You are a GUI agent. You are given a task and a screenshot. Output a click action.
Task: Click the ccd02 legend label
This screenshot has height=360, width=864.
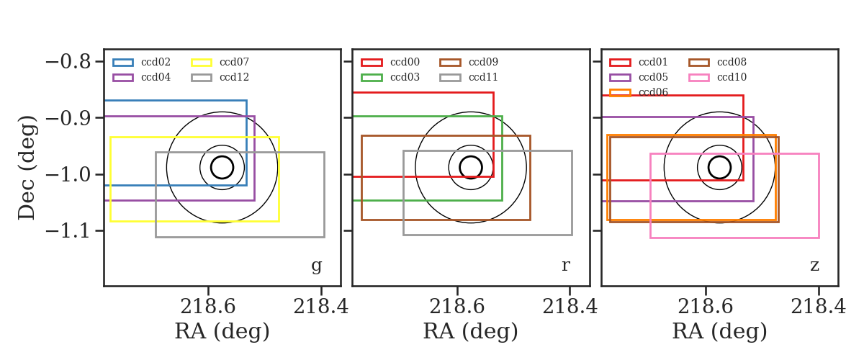coord(156,62)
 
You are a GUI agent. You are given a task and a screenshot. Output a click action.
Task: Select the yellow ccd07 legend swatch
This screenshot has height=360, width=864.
coord(202,63)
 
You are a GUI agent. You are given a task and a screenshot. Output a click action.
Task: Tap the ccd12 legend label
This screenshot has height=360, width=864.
coord(234,77)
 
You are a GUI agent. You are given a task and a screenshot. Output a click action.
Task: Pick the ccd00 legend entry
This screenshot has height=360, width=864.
coord(390,62)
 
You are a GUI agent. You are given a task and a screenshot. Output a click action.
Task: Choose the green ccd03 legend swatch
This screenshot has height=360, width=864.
coord(372,78)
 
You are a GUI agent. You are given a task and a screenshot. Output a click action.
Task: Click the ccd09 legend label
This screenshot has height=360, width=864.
coord(483,62)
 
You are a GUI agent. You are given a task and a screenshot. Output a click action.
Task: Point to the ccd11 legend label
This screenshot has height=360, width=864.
coord(483,77)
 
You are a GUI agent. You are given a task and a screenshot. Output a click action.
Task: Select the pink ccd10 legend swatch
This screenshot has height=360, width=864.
coord(698,78)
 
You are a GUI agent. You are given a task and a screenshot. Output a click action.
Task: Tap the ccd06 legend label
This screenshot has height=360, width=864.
coord(653,92)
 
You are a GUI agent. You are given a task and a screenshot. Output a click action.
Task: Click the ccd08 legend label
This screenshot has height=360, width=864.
coord(732,62)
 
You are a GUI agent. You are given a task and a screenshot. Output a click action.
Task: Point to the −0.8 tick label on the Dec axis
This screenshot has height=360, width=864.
coord(68,62)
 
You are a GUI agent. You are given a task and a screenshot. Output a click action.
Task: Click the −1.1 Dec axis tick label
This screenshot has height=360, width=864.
coord(68,230)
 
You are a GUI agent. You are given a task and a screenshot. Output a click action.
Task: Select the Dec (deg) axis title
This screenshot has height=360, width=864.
coord(27,168)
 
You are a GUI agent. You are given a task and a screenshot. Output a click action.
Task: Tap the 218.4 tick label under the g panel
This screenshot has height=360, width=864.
coord(321,307)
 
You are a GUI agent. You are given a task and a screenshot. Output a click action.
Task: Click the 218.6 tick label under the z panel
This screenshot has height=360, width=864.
coord(705,307)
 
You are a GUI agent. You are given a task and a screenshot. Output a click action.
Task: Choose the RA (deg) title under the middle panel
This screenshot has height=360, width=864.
coord(471,331)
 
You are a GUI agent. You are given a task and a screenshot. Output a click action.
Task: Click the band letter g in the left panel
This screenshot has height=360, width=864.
coord(316,266)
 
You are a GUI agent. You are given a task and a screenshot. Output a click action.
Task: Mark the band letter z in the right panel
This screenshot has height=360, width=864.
coord(814,266)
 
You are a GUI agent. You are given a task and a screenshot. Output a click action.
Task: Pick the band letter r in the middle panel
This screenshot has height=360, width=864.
coord(565,266)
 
